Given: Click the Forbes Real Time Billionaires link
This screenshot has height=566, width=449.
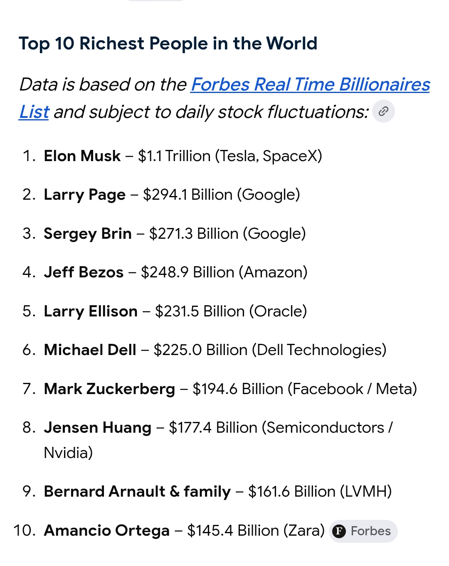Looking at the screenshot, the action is [x=310, y=85].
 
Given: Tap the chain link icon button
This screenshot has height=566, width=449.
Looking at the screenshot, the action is [x=383, y=111].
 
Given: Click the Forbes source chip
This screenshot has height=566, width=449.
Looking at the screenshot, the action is [x=363, y=531].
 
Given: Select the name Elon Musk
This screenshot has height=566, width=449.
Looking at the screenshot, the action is [x=82, y=156].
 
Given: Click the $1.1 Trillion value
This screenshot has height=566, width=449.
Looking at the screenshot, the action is [x=174, y=156].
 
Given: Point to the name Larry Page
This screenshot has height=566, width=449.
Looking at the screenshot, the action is [x=84, y=195].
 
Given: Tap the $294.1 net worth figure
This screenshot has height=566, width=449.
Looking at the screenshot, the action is [x=165, y=195].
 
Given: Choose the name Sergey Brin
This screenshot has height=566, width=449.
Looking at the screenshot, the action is [x=88, y=234].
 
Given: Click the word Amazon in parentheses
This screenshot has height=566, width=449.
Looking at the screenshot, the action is [x=273, y=272].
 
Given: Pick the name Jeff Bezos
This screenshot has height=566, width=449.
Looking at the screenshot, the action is [x=84, y=272].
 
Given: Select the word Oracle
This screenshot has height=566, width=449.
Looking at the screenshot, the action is [x=278, y=311].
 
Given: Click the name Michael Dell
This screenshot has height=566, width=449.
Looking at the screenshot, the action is [x=90, y=350].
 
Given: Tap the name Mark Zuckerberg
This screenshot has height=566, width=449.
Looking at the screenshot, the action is [x=109, y=389].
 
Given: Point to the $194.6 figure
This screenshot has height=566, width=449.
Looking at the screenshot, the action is [x=215, y=389].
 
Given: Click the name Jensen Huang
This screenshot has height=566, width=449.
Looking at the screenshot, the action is [x=97, y=428].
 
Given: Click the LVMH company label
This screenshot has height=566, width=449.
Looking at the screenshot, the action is [x=365, y=492].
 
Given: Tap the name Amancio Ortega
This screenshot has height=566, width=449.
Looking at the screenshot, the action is [x=107, y=530].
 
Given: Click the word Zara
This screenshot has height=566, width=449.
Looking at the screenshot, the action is [x=304, y=530].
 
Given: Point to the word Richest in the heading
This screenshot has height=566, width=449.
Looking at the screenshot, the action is [x=112, y=43].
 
